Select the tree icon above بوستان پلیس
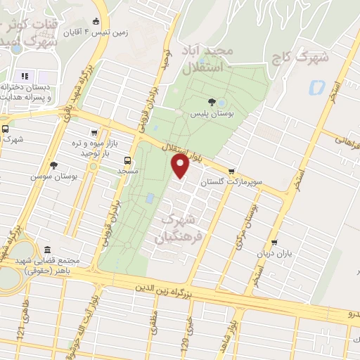pyautogui.click(x=212, y=101)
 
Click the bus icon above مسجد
pyautogui.click(x=127, y=160)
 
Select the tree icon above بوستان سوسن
pyautogui.click(x=53, y=165)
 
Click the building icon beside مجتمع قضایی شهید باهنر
pyautogui.click(x=47, y=250)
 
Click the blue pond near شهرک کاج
pyautogui.click(x=315, y=88)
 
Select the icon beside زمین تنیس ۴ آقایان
pyautogui.click(x=96, y=22)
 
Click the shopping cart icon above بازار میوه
pyautogui.click(x=94, y=132)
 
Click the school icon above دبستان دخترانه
pyautogui.click(x=23, y=75)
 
